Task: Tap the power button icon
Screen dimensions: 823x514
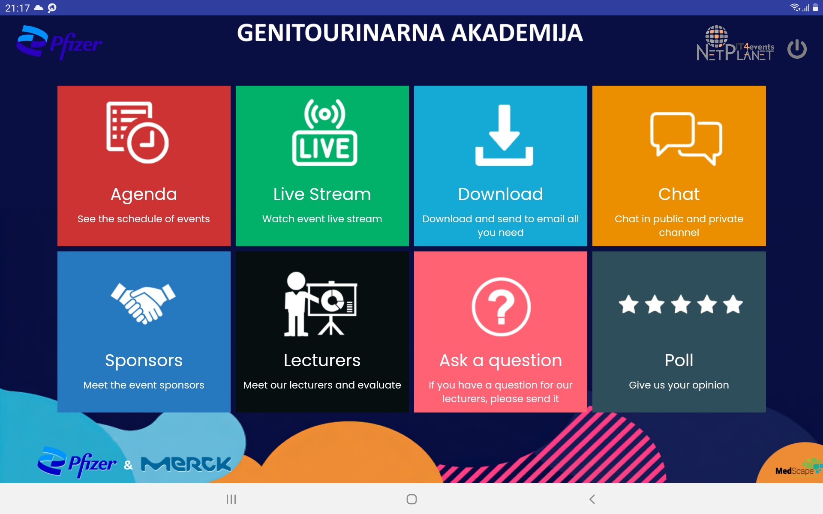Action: pyautogui.click(x=797, y=49)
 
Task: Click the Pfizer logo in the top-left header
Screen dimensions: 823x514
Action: pyautogui.click(x=59, y=42)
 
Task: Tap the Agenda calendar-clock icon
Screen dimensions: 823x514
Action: pyautogui.click(x=137, y=132)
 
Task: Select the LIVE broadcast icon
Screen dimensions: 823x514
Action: pyautogui.click(x=324, y=132)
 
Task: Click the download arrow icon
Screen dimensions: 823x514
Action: pyautogui.click(x=504, y=135)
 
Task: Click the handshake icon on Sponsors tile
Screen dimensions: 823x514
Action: pyautogui.click(x=143, y=303)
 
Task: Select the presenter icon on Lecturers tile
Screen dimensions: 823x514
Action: pyautogui.click(x=321, y=304)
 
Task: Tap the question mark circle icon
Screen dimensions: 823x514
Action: pyautogui.click(x=501, y=307)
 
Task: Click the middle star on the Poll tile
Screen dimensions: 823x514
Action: pyautogui.click(x=681, y=305)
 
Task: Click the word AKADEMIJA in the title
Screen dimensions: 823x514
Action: pyautogui.click(x=517, y=33)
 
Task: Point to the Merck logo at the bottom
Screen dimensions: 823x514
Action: pyautogui.click(x=186, y=464)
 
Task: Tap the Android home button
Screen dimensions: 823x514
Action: pyautogui.click(x=411, y=499)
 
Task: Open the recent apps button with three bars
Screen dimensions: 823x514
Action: pyautogui.click(x=231, y=499)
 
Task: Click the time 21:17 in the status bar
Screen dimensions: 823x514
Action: pyautogui.click(x=17, y=8)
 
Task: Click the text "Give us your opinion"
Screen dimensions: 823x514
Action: pyautogui.click(x=679, y=385)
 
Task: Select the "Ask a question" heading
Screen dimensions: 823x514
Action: pyautogui.click(x=501, y=361)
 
